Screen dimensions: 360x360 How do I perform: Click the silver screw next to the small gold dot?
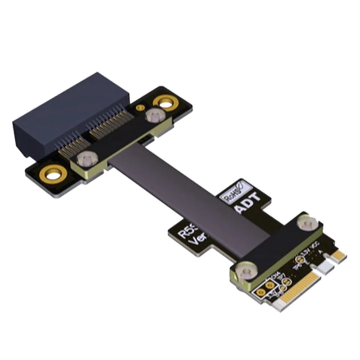pyautogui.click(x=153, y=117)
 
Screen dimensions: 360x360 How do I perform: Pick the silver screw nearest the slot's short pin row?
pyautogui.click(x=83, y=158)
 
